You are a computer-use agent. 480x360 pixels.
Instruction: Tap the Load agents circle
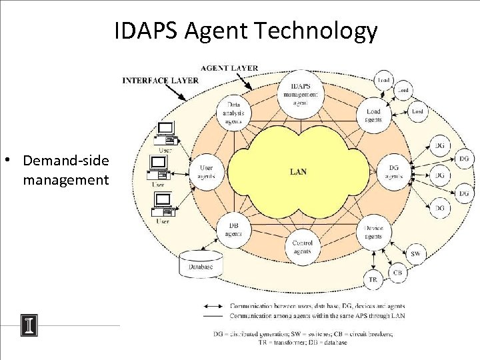[x=374, y=115]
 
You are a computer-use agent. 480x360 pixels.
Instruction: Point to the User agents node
[x=207, y=172]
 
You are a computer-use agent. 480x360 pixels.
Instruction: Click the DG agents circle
[x=395, y=172]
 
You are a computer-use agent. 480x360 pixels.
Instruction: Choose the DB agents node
[x=234, y=230]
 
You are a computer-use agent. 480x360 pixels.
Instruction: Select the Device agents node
[x=373, y=232]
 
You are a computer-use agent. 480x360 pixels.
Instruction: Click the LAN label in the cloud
[x=299, y=171]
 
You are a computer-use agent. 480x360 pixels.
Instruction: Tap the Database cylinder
[x=201, y=265]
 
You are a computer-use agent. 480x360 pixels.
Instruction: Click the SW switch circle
[x=415, y=253]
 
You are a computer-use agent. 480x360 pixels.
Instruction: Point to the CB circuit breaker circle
[x=397, y=272]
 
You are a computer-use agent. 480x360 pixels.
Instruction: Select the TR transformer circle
[x=373, y=279]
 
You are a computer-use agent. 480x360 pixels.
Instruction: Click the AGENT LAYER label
[x=229, y=68]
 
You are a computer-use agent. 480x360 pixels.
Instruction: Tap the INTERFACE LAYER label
[x=160, y=80]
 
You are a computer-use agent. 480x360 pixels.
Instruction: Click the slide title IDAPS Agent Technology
[x=245, y=31]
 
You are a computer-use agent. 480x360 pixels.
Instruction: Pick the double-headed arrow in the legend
[x=214, y=306]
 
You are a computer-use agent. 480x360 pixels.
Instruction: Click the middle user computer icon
[x=161, y=168]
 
